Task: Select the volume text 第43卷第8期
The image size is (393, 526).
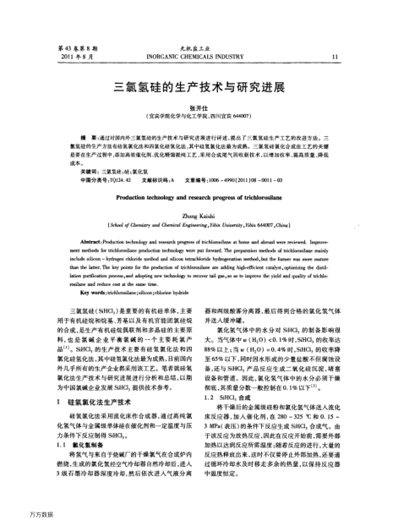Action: coord(71,48)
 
